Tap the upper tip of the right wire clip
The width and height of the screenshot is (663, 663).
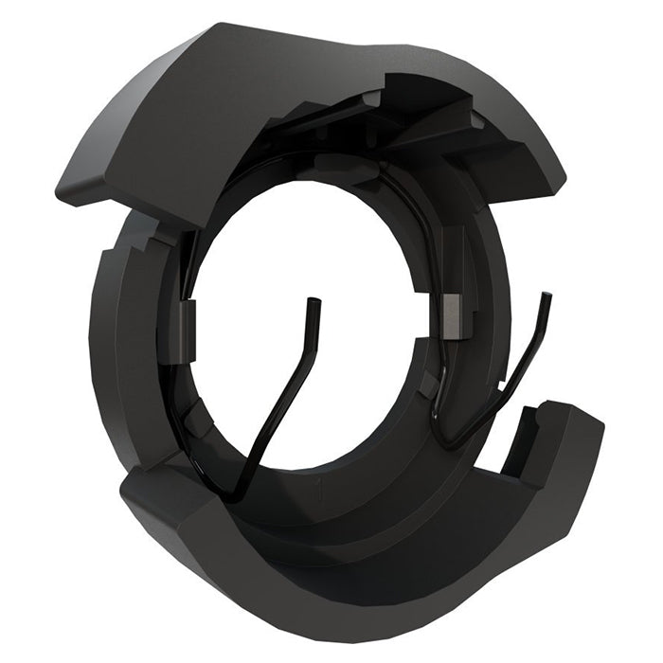tap(545, 295)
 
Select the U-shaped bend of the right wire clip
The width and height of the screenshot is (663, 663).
tap(445, 438)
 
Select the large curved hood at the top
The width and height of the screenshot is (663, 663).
tap(284, 104)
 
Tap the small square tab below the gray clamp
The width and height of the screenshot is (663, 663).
tap(431, 385)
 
